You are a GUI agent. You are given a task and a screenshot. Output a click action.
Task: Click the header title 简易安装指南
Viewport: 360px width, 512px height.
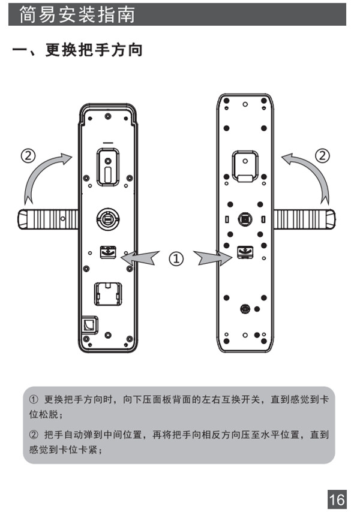pyautogui.click(x=77, y=14)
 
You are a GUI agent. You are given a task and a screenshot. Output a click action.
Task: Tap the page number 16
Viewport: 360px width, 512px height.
pyautogui.click(x=337, y=498)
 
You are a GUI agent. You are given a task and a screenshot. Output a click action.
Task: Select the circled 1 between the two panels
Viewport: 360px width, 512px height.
pyautogui.click(x=176, y=259)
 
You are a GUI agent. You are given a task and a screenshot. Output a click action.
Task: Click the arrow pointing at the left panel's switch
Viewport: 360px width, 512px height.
pyautogui.click(x=142, y=258)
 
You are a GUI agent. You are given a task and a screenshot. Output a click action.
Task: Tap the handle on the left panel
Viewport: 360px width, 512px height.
pyautogui.click(x=48, y=219)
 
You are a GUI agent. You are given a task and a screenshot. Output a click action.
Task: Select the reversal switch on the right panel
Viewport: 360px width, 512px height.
pyautogui.click(x=244, y=252)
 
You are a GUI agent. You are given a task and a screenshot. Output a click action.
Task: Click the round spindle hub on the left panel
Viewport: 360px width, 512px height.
pyautogui.click(x=108, y=218)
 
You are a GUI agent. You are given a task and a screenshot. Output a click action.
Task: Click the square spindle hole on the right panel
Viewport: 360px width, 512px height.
pyautogui.click(x=244, y=219)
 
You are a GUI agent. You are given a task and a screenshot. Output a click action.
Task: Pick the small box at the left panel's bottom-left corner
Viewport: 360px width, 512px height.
pyautogui.click(x=89, y=324)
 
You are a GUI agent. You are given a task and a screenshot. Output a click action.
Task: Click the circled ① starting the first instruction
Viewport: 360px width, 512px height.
pyautogui.click(x=34, y=399)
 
